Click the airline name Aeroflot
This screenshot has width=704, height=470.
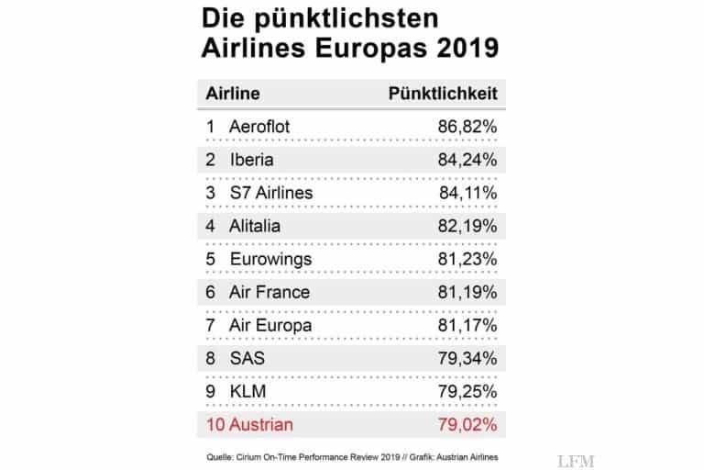[x=259, y=127]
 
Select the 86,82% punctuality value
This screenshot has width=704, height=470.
[x=466, y=127]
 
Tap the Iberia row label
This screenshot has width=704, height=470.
[x=253, y=160]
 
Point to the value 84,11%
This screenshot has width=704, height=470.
[x=467, y=193]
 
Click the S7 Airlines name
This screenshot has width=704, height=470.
[x=270, y=193]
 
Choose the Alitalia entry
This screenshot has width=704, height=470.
[x=256, y=226]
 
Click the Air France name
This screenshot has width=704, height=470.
[x=269, y=292]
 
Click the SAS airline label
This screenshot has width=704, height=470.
[x=247, y=358]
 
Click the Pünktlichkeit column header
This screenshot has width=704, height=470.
[x=443, y=94]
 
